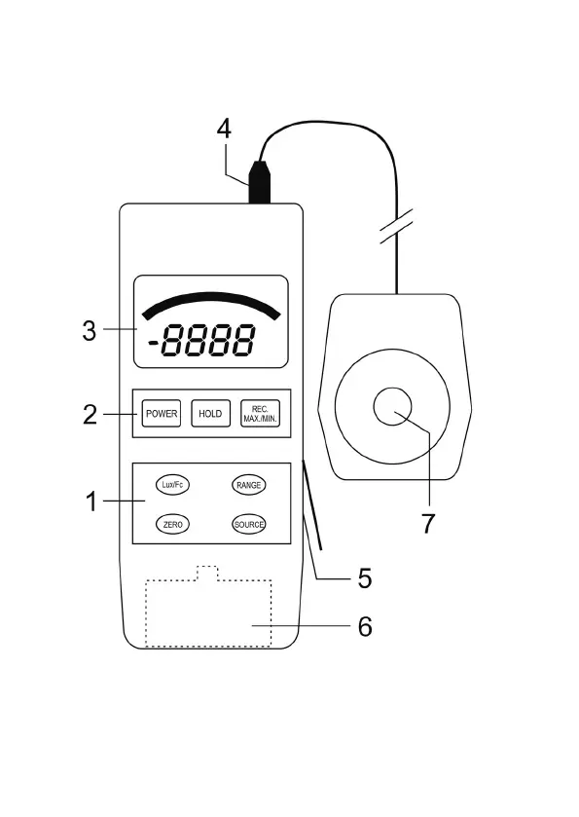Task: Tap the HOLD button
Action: coord(210,414)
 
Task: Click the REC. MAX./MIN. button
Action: coord(260,414)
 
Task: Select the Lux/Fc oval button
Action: coord(172,485)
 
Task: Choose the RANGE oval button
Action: coord(249,485)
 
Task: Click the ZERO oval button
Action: coord(172,524)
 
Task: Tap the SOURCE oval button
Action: coord(249,524)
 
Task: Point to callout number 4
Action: coord(224,130)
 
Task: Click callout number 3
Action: coord(90,330)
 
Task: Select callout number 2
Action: coord(90,415)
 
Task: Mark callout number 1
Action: coord(91,501)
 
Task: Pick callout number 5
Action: coord(365,578)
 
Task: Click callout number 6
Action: coord(365,626)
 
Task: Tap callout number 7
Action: coord(427,523)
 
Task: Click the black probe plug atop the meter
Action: coord(260,182)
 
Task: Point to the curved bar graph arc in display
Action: coord(211,298)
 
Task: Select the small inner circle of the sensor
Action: coord(392,407)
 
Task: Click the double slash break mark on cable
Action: coord(396,226)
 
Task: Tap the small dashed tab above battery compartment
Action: coord(207,573)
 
